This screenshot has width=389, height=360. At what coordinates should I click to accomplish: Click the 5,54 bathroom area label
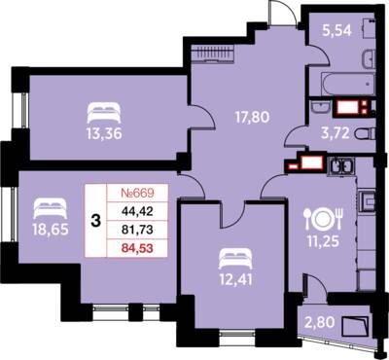pyautogui.click(x=336, y=30)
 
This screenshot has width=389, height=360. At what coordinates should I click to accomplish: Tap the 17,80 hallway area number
pyautogui.click(x=252, y=117)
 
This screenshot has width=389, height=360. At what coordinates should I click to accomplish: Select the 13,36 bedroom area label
pyautogui.click(x=104, y=133)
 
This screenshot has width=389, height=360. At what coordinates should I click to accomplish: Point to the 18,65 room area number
pyautogui.click(x=51, y=230)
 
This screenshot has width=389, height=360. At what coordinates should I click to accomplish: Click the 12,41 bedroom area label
pyautogui.click(x=235, y=279)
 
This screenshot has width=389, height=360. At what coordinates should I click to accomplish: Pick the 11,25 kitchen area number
pyautogui.click(x=324, y=241)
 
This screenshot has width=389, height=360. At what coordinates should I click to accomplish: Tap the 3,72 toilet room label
pyautogui.click(x=336, y=133)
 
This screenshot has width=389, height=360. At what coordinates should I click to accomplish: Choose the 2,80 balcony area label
pyautogui.click(x=320, y=322)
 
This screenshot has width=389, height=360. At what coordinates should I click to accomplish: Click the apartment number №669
pyautogui.click(x=137, y=194)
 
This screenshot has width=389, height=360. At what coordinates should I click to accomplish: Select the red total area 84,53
pyautogui.click(x=137, y=249)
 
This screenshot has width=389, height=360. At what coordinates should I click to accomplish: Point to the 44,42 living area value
pyautogui.click(x=137, y=211)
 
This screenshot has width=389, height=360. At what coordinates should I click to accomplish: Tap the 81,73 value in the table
pyautogui.click(x=137, y=230)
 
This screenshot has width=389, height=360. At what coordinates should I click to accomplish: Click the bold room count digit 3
pyautogui.click(x=96, y=221)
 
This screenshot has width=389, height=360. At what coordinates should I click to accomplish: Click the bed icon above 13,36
pyautogui.click(x=104, y=113)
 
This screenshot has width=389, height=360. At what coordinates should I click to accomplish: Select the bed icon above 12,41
pyautogui.click(x=235, y=259)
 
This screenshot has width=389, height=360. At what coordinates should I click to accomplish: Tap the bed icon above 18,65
pyautogui.click(x=51, y=208)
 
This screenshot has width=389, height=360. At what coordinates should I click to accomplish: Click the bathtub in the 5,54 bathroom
pyautogui.click(x=348, y=84)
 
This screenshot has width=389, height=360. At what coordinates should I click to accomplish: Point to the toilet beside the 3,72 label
pyautogui.click(x=365, y=133)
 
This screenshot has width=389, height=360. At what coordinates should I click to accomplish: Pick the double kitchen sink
pyautogui.click(x=342, y=166)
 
